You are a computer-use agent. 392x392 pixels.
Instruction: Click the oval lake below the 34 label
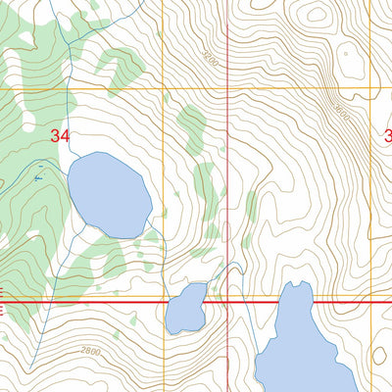(109, 194)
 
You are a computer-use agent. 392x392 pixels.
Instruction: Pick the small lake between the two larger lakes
(186, 310)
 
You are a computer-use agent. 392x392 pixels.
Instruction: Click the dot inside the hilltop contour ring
(317, 14)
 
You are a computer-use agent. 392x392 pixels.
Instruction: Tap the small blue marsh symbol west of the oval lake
(38, 177)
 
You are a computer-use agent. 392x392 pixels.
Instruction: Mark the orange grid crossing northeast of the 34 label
(163, 90)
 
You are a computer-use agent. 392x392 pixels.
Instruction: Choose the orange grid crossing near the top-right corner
(370, 90)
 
